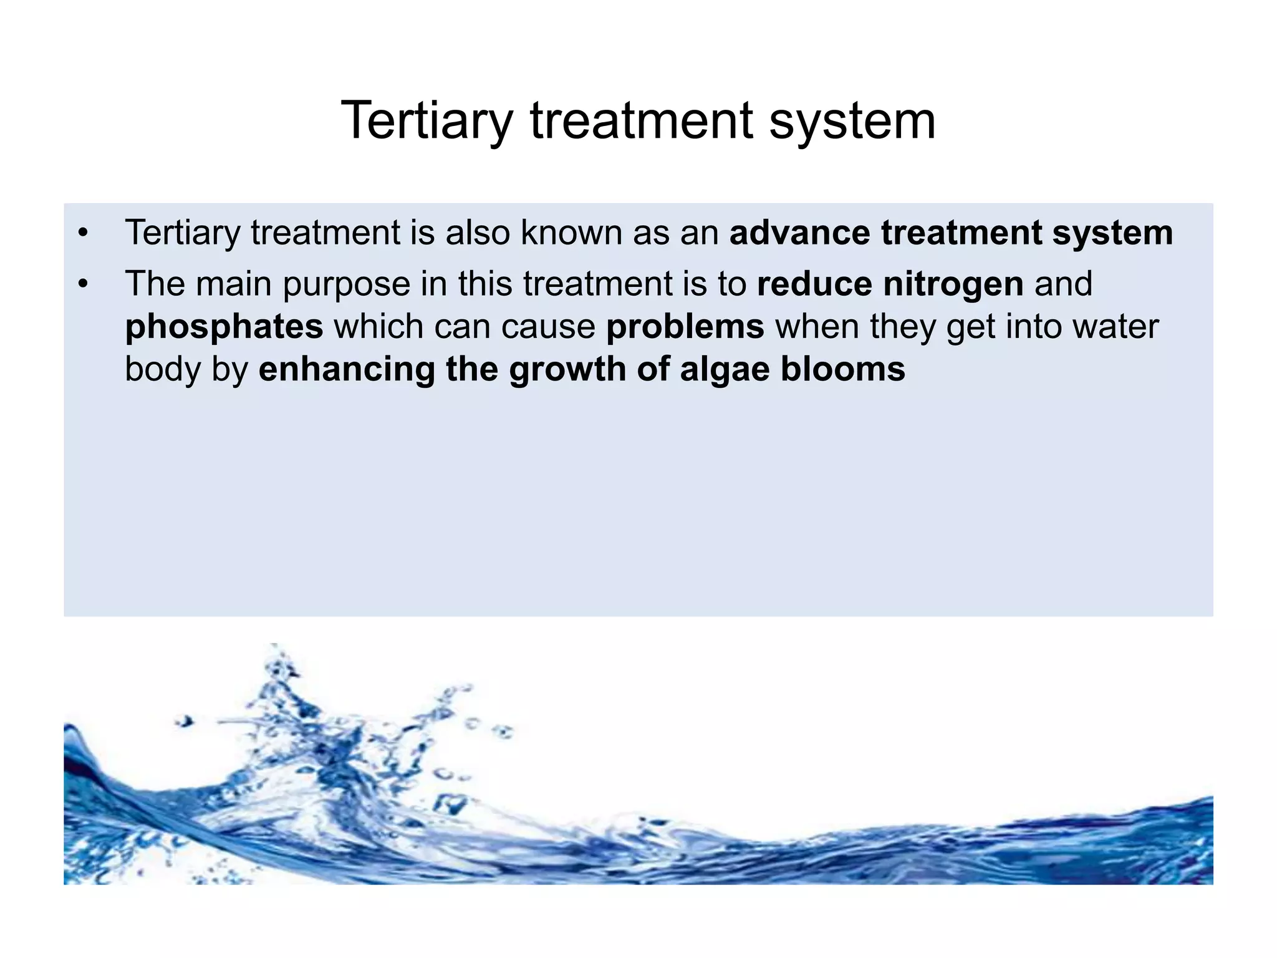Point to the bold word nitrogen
[x=953, y=284]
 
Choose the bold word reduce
[x=814, y=284]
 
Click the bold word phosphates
[x=224, y=327]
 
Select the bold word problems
[x=685, y=326]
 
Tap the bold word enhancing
[x=347, y=369]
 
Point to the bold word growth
[x=567, y=369]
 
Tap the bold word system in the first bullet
[x=1112, y=233]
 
